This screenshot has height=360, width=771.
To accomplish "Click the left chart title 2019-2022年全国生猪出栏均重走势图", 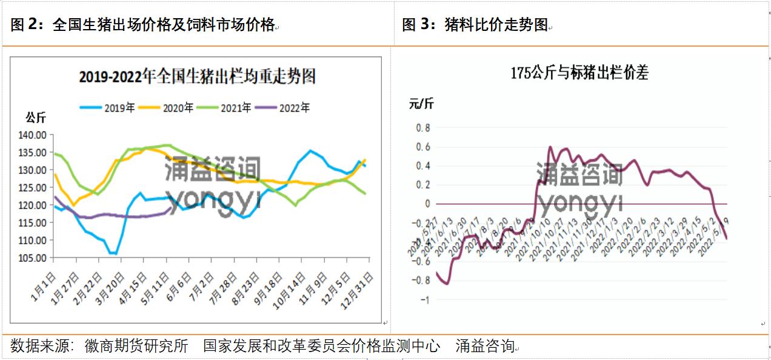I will [198, 77].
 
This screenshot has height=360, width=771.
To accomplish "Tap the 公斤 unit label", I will [35, 118].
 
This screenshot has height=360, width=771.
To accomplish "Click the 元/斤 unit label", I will [421, 104].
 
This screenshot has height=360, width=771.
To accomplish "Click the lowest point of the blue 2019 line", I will [113, 253].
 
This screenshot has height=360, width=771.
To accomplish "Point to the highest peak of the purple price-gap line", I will [550, 147].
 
